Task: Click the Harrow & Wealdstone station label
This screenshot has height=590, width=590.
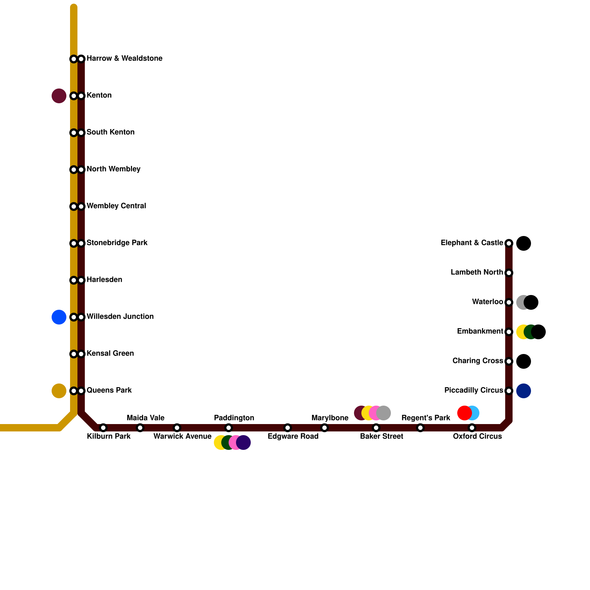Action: [124, 59]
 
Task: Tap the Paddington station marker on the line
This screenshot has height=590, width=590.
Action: [229, 428]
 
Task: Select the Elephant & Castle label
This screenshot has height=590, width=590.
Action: [472, 243]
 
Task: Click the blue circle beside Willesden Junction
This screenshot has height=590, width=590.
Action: [59, 317]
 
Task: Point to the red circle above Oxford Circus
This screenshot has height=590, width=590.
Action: [464, 413]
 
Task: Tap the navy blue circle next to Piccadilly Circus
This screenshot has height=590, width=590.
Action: [524, 391]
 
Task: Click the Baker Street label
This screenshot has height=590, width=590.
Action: [381, 437]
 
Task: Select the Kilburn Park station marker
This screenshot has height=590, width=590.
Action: [103, 428]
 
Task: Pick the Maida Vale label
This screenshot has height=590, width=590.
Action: [145, 418]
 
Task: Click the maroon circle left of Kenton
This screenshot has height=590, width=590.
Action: [59, 96]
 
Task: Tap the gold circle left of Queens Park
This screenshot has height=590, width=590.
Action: [59, 391]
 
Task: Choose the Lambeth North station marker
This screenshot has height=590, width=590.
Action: [509, 273]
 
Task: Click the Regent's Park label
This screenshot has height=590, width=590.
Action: [426, 418]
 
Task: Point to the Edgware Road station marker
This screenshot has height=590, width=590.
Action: [288, 428]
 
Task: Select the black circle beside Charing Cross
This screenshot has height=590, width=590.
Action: [524, 361]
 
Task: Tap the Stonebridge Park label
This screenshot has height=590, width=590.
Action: [117, 243]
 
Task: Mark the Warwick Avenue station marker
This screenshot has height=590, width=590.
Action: [177, 428]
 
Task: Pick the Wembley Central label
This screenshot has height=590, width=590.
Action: [116, 206]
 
